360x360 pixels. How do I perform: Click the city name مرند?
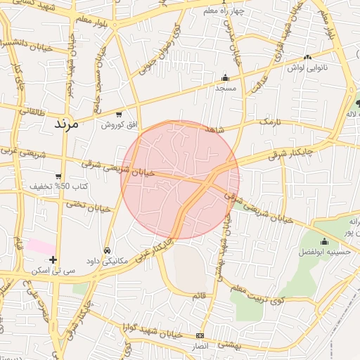[x=69, y=123]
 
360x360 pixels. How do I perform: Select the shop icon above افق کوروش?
[x=118, y=114]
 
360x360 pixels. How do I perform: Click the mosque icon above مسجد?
[x=225, y=78]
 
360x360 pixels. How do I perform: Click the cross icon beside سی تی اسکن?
[x=53, y=259]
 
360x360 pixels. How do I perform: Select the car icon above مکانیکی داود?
[x=107, y=250]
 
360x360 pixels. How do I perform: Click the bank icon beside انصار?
[x=200, y=336]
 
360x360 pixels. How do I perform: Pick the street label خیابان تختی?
[x=89, y=207]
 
